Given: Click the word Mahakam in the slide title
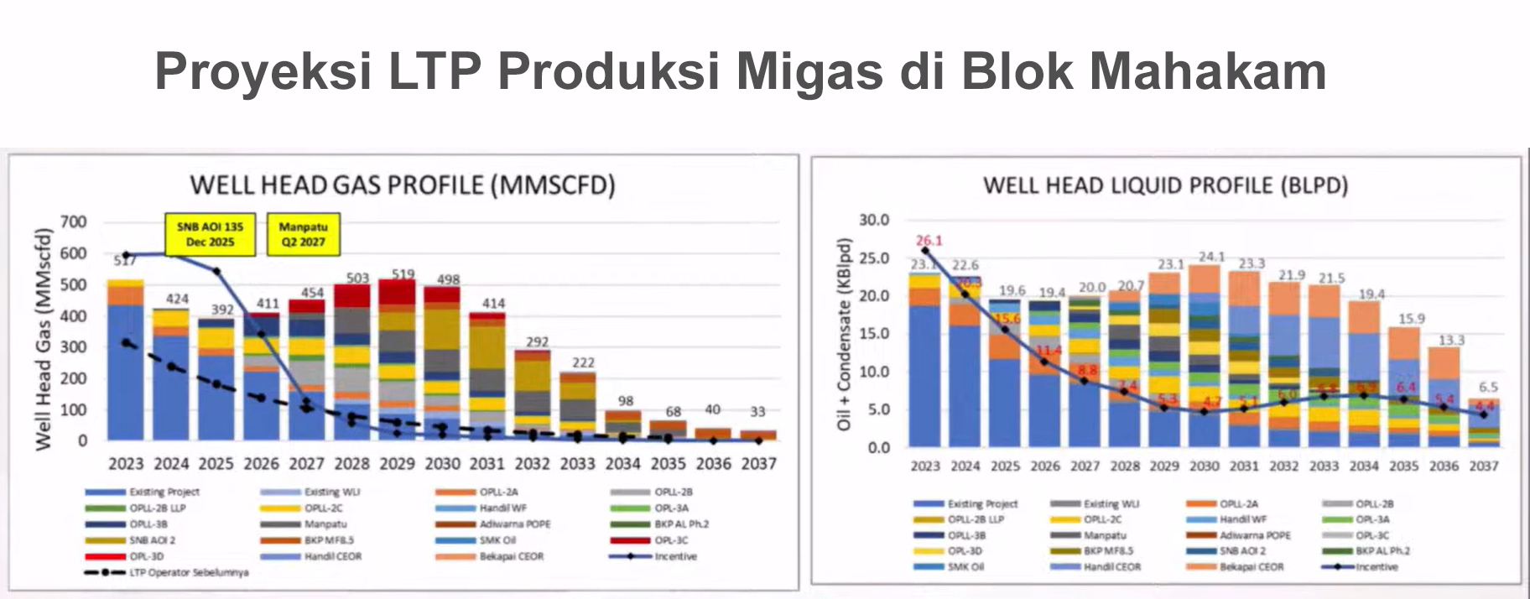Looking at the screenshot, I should [1207, 70].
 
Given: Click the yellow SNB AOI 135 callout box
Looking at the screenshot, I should [210, 234].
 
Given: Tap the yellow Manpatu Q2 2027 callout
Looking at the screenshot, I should [303, 234].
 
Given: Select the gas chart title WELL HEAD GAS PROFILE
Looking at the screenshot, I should [402, 185].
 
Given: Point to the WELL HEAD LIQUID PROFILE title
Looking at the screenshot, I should [1165, 185].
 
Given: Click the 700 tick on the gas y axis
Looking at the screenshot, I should [73, 222].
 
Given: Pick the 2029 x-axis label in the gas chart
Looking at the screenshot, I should [397, 464].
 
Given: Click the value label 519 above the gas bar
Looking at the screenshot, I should [403, 273].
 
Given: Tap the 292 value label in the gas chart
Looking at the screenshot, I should [537, 341].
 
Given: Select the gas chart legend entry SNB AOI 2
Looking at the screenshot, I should [152, 540].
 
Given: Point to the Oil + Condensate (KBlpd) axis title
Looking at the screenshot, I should [843, 335].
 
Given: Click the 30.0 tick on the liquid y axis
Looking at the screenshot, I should [874, 220].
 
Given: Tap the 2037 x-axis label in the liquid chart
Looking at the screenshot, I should [1483, 466].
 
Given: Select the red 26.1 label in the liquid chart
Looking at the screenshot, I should [929, 240].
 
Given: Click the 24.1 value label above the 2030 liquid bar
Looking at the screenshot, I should [1210, 256].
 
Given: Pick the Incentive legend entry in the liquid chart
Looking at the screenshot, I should [1376, 567].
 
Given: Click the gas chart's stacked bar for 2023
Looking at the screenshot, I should [126, 361].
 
